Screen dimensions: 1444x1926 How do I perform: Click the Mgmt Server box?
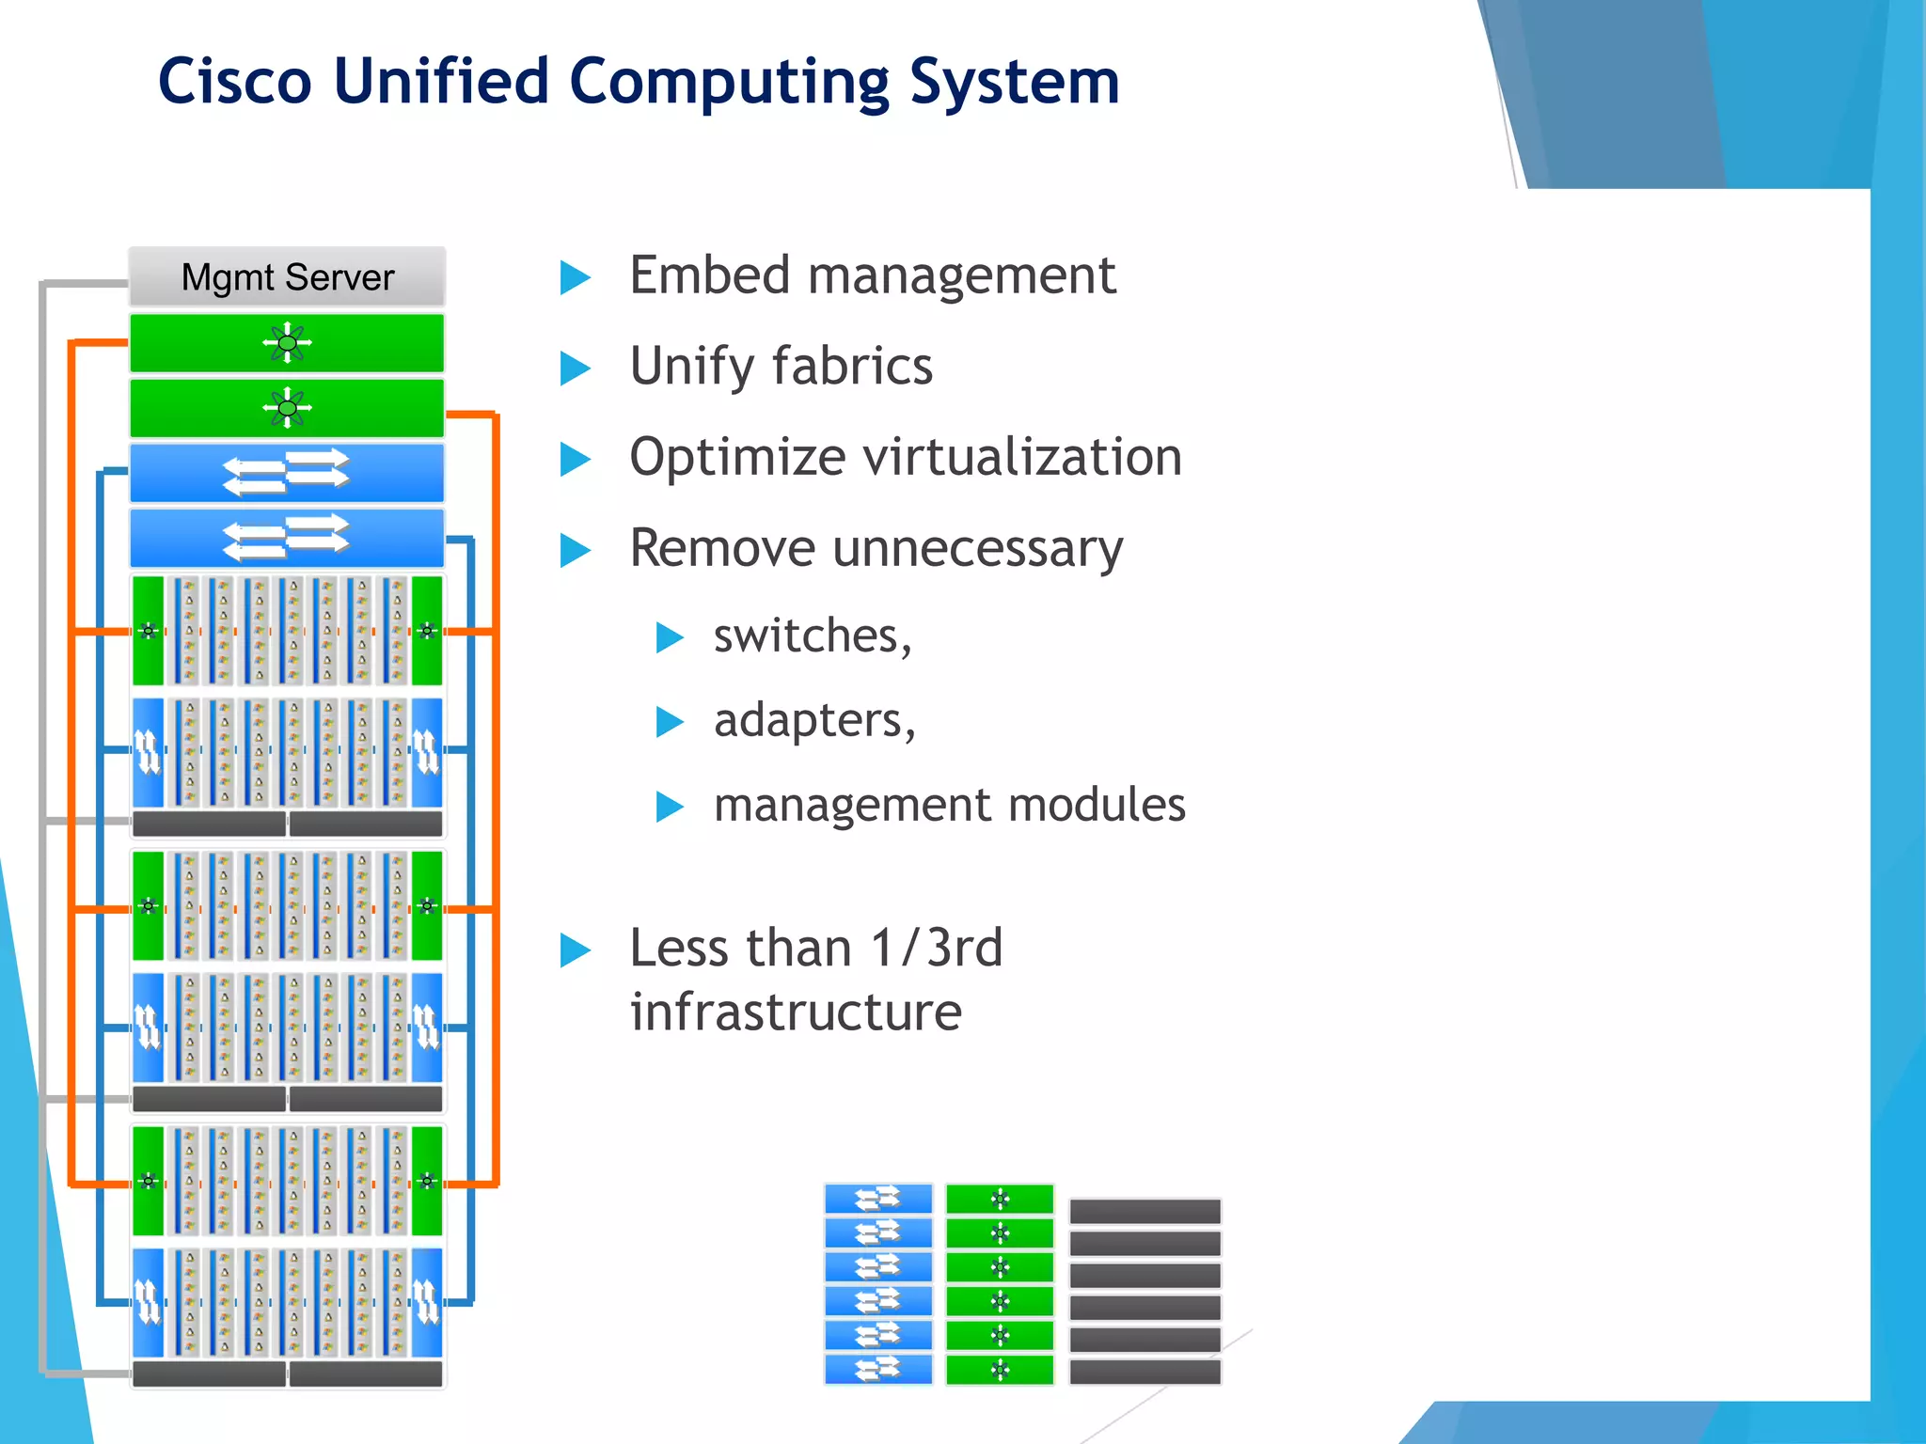[287, 277]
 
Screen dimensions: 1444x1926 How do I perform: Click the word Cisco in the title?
[234, 81]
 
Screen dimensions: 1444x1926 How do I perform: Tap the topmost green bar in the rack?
[287, 343]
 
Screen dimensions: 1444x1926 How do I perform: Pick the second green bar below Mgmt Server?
[287, 408]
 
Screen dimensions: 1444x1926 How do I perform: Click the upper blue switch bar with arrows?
[287, 472]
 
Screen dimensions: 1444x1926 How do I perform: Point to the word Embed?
[709, 275]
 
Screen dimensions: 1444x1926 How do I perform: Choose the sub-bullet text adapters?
[814, 721]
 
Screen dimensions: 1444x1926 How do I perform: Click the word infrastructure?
[796, 1012]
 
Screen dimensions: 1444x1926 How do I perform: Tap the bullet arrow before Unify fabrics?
[575, 368]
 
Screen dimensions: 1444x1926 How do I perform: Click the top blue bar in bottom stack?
[877, 1199]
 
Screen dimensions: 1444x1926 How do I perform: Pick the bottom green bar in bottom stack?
[999, 1370]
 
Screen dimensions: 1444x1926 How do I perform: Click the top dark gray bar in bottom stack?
[1145, 1211]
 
